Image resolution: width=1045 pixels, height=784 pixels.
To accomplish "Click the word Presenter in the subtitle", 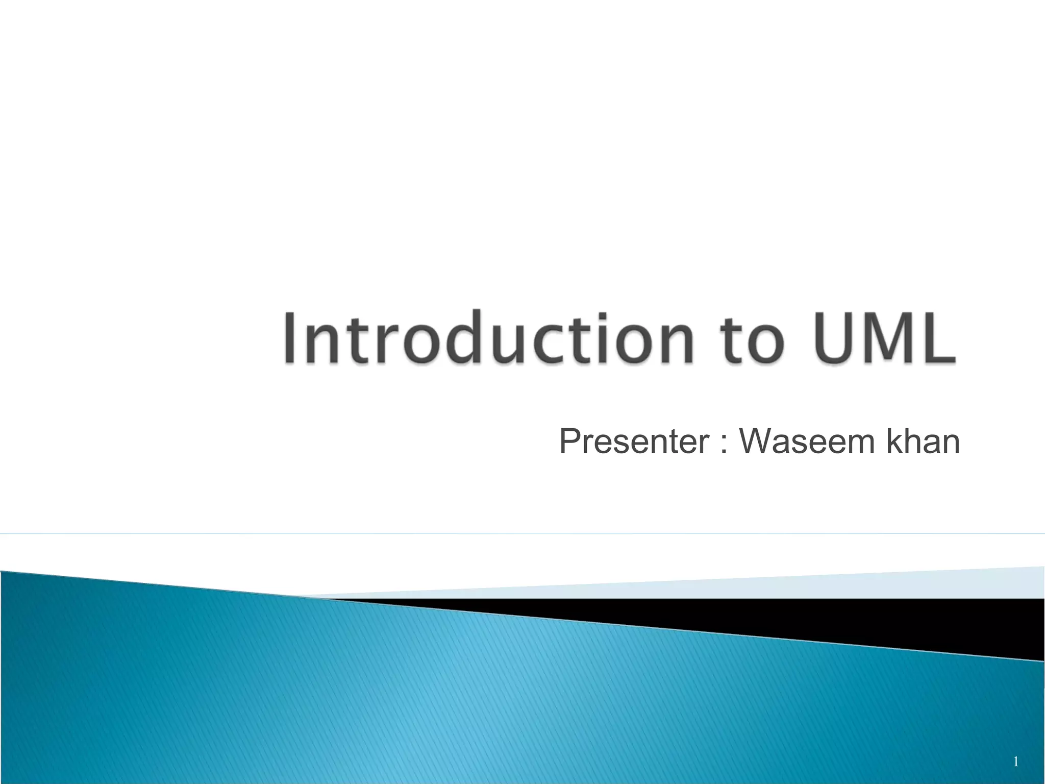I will (634, 442).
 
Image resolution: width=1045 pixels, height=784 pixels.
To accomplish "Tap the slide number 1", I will (1015, 762).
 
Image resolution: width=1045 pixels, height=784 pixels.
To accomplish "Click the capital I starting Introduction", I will (290, 338).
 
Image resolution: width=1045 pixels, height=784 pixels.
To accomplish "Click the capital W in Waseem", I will (759, 442).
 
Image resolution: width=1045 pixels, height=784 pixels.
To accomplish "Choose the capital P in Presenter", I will (570, 442).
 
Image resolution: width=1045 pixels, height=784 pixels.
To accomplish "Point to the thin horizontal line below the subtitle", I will (522, 533).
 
